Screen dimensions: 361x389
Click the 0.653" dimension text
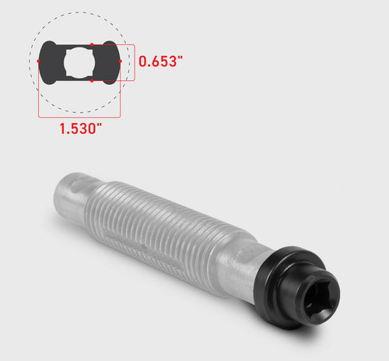(162, 61)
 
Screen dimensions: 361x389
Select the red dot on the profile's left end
(39, 60)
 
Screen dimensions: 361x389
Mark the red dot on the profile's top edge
(92, 44)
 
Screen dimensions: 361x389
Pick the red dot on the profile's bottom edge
(92, 80)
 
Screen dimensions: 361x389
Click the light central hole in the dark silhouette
(79, 61)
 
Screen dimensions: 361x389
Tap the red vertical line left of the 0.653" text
(134, 62)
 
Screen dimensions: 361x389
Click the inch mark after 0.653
(185, 57)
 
